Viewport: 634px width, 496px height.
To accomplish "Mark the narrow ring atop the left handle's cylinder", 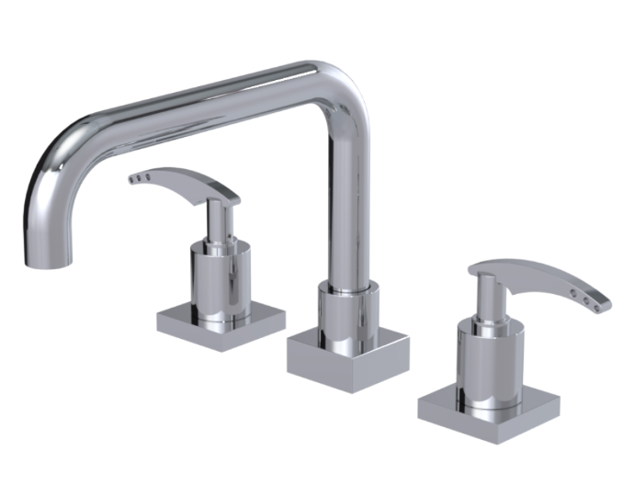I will coord(218,244).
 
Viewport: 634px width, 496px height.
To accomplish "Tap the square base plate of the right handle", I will coord(487,409).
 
